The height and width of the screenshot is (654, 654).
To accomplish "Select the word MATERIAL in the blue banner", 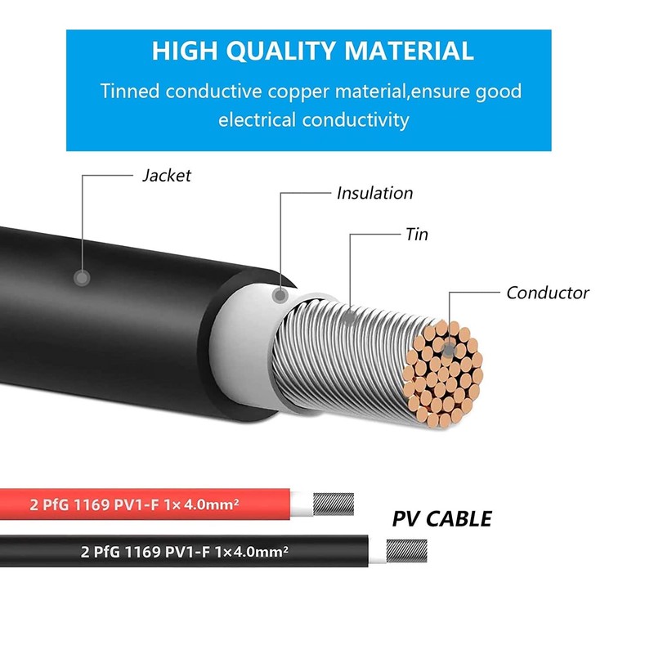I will (408, 51).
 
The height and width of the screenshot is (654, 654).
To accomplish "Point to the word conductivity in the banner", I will (356, 120).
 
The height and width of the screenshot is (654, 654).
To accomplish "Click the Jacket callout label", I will (166, 175).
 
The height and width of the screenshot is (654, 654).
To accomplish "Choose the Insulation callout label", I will (374, 193).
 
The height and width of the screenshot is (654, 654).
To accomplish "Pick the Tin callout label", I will (416, 235).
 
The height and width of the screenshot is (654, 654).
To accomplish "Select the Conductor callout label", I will (547, 292).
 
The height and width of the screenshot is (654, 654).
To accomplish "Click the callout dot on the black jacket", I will (81, 277).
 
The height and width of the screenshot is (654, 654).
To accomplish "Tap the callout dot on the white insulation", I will (281, 294).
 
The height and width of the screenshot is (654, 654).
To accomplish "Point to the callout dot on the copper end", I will (447, 348).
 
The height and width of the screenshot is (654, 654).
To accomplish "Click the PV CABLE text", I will (441, 518).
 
